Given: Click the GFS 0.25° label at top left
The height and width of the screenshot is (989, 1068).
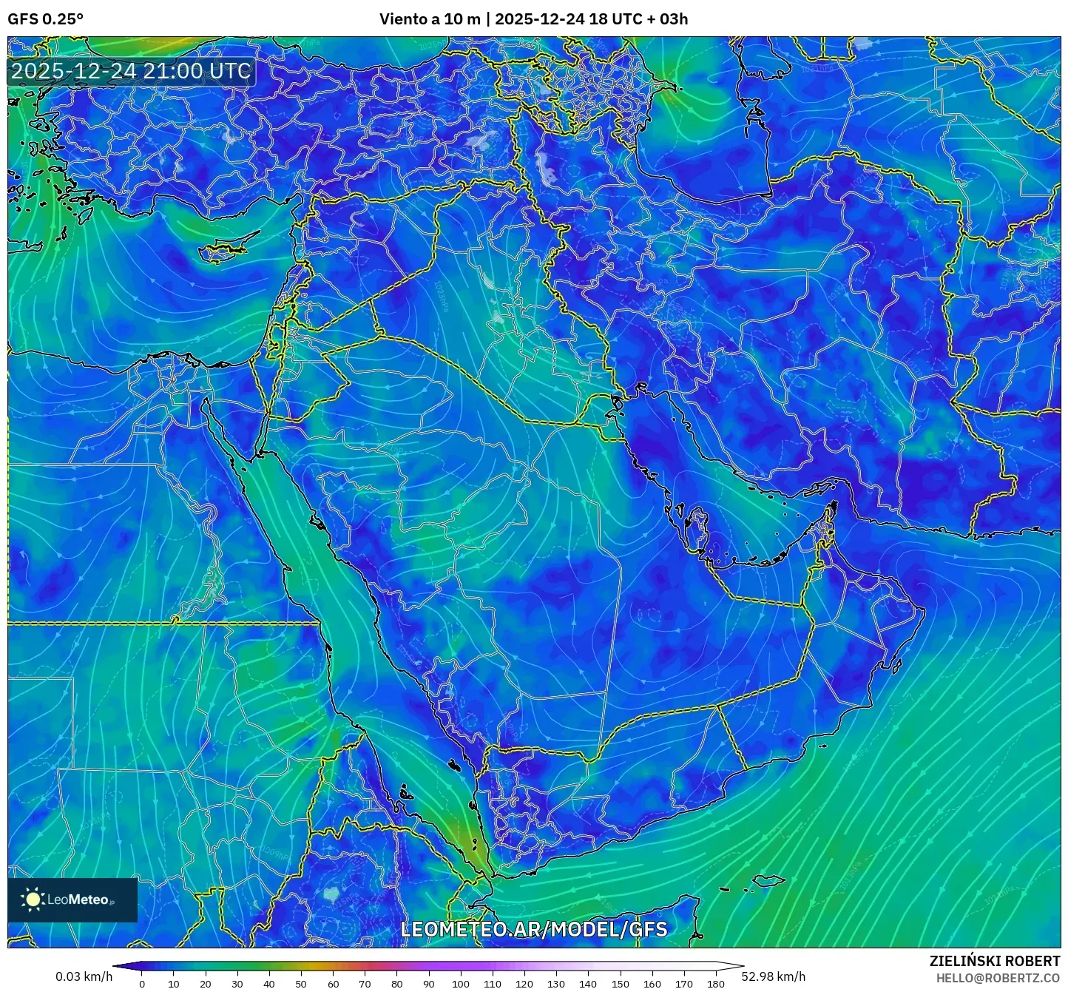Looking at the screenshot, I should coord(45,19).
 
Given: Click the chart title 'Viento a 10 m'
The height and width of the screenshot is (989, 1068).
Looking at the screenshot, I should coord(430,19).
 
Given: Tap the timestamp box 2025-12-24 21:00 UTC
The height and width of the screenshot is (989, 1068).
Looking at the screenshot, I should coord(131,71).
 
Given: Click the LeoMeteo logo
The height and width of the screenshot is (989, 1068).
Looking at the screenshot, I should coord(72,899).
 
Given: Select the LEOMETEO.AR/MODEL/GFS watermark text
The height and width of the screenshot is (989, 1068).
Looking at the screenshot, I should coord(533,929).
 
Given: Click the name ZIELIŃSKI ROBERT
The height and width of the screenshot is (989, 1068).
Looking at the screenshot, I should coord(994,961).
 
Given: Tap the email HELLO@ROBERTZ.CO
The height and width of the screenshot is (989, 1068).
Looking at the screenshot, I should coord(998,978).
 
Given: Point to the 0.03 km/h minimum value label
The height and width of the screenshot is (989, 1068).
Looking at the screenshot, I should coord(84,976).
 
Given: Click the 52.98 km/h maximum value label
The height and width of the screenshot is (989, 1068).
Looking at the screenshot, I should coord(773,976).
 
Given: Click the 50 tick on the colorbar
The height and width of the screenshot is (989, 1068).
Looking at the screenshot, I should coord(301,984).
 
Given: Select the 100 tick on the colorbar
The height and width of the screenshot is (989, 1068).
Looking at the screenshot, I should coord(461,984).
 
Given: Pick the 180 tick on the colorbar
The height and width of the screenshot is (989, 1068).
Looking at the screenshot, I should coord(715,984).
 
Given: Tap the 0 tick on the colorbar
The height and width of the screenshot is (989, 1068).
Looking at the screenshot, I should coord(142,984).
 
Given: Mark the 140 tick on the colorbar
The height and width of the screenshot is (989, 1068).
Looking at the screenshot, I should coord(588,984).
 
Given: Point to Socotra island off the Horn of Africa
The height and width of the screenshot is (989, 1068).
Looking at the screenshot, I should coord(769,881).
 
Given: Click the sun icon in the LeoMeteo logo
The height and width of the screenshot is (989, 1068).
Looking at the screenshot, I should coord(33,899).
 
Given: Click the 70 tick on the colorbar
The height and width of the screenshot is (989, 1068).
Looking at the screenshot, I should coord(365,984).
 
